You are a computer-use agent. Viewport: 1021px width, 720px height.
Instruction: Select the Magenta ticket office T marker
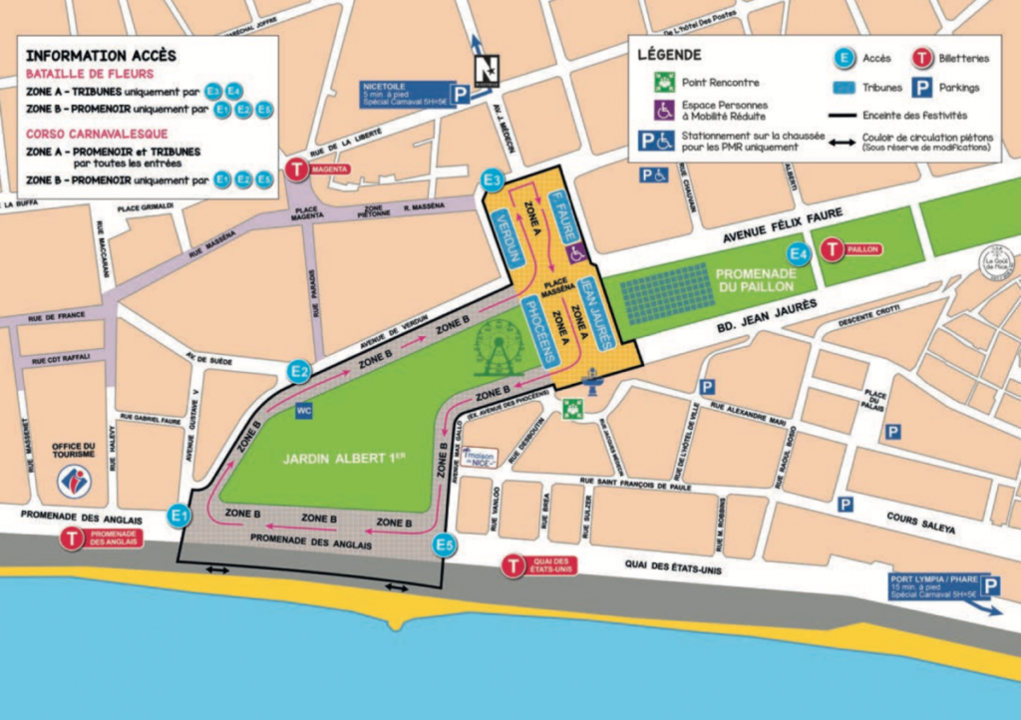[x=297, y=170]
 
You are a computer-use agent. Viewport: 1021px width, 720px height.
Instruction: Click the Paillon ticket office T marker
[x=833, y=249]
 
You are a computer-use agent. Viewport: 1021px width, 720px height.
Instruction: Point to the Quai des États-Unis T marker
[x=512, y=566]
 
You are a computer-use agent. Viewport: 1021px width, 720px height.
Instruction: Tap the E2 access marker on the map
[x=298, y=371]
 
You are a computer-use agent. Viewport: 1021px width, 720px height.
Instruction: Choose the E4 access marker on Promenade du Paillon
[x=797, y=255]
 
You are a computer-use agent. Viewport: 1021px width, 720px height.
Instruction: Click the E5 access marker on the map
[x=445, y=545]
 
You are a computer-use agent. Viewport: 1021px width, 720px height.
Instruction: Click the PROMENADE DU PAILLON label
[x=753, y=279]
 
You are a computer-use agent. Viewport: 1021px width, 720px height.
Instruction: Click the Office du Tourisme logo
[x=74, y=481]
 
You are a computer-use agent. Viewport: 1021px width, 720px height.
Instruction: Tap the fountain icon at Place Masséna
[x=593, y=382]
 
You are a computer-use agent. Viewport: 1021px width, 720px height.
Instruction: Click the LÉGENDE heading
[x=669, y=54]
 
